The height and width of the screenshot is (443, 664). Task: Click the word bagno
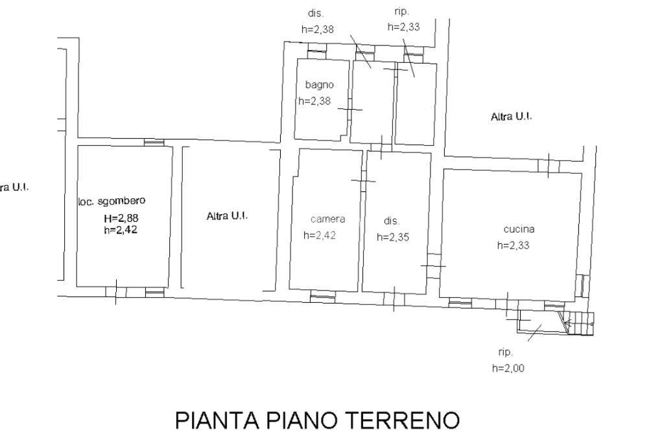click(319, 85)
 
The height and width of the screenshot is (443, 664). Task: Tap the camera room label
click(327, 219)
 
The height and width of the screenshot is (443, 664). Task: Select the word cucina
click(519, 229)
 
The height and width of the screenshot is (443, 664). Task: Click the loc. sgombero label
click(112, 201)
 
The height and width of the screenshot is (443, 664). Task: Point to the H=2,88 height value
click(121, 219)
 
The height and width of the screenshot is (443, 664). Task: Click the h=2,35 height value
click(393, 237)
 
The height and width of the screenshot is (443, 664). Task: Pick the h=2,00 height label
click(508, 368)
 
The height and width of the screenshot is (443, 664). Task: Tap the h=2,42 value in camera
click(320, 235)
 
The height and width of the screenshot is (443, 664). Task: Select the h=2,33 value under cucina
click(514, 245)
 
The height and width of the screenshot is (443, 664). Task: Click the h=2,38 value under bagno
click(314, 101)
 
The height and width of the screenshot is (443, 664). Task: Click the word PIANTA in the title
click(217, 420)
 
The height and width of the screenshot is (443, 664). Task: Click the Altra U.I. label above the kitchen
click(511, 117)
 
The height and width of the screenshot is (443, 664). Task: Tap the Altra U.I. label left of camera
click(228, 216)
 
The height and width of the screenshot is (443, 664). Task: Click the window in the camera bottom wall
click(323, 296)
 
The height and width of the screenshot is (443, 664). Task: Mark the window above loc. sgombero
click(154, 143)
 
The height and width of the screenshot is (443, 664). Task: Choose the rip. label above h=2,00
click(506, 352)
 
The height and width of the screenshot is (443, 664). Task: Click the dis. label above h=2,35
click(392, 221)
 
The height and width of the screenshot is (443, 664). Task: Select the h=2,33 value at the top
click(403, 27)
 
